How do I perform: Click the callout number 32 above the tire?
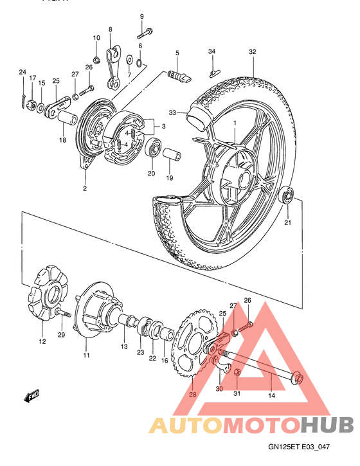click(252, 51)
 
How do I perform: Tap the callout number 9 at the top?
click(141, 16)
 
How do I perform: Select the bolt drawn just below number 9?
click(145, 30)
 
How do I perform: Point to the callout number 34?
click(212, 51)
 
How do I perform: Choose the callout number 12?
click(42, 341)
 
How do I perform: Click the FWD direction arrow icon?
click(32, 396)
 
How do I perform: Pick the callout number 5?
click(177, 53)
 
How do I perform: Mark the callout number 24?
click(22, 72)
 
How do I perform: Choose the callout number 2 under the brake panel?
click(84, 188)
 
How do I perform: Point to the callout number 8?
click(110, 30)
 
